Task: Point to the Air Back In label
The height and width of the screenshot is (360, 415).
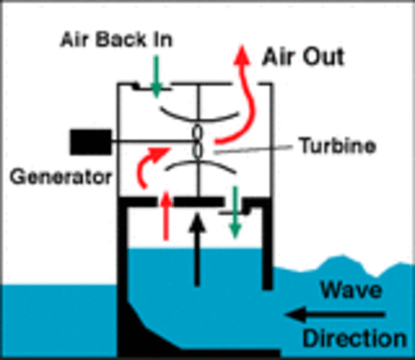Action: tap(116, 39)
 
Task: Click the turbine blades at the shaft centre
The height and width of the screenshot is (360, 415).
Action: tap(198, 140)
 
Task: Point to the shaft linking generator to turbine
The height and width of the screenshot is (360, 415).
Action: tap(150, 139)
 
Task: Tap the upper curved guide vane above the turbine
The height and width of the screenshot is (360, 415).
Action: tap(198, 114)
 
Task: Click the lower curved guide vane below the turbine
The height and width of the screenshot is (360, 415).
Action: tap(198, 166)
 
